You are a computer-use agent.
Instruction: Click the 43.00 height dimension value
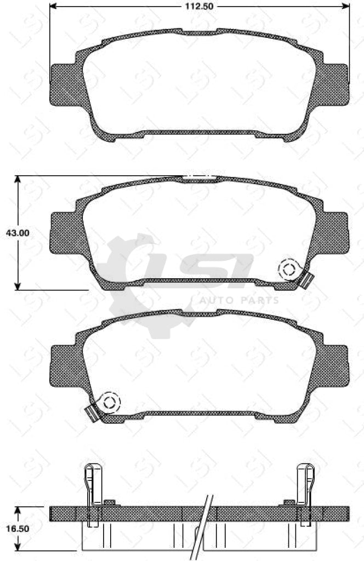tap(18, 232)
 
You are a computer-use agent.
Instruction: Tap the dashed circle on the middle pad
tap(288, 269)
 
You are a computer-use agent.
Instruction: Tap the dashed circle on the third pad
tap(110, 402)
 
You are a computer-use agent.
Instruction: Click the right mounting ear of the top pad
tap(334, 84)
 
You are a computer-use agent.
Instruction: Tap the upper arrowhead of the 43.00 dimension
tap(18, 180)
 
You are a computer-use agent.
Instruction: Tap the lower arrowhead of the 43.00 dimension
tap(18, 286)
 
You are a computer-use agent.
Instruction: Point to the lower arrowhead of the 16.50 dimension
tap(18, 546)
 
